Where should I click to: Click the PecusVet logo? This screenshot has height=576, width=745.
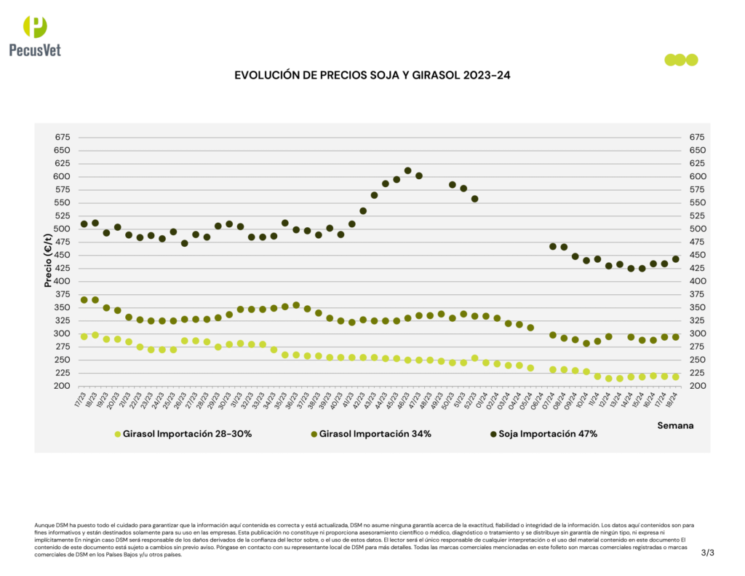[35, 36]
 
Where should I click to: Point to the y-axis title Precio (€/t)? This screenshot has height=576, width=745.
[48, 261]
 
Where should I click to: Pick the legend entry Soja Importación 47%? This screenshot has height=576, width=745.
[543, 434]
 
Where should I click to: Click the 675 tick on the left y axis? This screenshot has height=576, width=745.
[62, 138]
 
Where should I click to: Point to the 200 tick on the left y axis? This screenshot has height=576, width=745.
[62, 386]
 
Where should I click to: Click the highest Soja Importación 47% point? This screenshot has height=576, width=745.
[408, 171]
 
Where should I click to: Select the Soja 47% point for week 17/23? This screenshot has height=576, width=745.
[84, 224]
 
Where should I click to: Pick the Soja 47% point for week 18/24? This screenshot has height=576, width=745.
[675, 259]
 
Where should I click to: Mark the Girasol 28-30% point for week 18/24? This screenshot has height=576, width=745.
[675, 376]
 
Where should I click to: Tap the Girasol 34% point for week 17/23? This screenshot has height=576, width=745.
[84, 300]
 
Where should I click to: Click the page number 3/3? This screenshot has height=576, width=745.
[708, 552]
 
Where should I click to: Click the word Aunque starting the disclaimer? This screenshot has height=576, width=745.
[44, 524]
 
